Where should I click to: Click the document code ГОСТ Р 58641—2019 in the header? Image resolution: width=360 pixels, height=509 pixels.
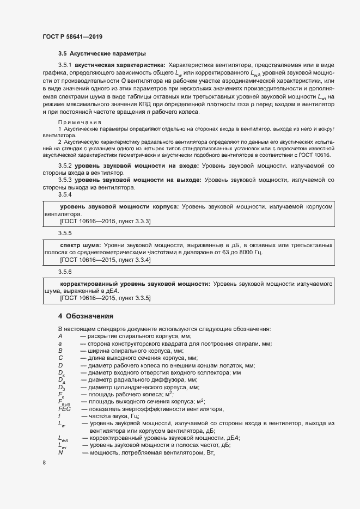click(72, 36)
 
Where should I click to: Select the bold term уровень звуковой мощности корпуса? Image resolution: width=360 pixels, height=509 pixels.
click(119, 207)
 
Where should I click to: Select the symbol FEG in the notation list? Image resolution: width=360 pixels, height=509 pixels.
click(64, 408)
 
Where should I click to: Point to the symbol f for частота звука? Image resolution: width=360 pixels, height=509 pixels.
click(59, 416)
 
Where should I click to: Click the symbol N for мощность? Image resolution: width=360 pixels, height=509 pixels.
click(60, 452)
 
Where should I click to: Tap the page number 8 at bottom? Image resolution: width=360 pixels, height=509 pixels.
click(44, 463)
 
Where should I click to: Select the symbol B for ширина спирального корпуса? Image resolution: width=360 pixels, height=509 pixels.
click(60, 351)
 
